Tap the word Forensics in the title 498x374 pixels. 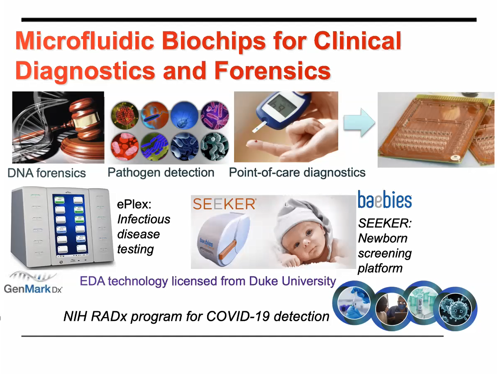pos(272,71)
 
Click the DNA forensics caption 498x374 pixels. pos(47,173)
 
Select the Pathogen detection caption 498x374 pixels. pos(161,172)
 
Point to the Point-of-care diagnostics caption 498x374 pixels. pos(297,172)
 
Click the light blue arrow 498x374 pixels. pos(359,123)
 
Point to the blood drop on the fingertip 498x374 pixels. pos(256,141)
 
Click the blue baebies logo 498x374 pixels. pos(385,199)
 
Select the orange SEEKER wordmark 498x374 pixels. pos(225,204)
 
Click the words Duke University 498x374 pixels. pos(292,281)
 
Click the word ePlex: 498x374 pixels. pos(134,204)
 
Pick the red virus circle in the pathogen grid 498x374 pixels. pos(125,116)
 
